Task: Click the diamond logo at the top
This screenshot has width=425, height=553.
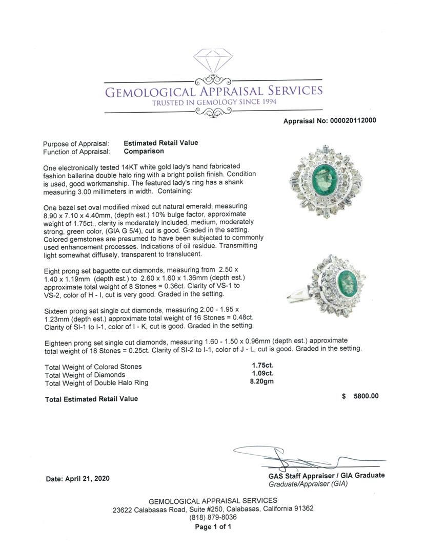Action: coord(213,60)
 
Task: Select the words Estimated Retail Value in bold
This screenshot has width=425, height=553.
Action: coord(160,143)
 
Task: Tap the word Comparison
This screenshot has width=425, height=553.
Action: coord(144,152)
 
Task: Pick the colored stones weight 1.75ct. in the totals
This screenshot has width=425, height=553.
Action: coord(262,366)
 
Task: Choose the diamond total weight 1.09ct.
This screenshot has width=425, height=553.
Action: coord(262,374)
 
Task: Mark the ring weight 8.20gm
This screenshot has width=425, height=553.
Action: coord(263,382)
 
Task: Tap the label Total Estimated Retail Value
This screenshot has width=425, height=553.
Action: coord(91,399)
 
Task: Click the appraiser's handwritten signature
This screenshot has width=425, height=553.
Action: coord(287,456)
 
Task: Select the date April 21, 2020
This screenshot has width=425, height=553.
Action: coord(77,479)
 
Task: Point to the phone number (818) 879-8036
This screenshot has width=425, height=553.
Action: coord(213,517)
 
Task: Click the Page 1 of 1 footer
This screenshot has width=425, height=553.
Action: coord(213,526)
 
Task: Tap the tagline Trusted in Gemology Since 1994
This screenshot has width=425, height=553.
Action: coord(214,102)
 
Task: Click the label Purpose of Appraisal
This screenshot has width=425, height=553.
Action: coord(76,144)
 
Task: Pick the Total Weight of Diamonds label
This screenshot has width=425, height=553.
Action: coord(85,375)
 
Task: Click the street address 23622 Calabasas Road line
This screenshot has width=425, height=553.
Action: coord(213,509)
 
